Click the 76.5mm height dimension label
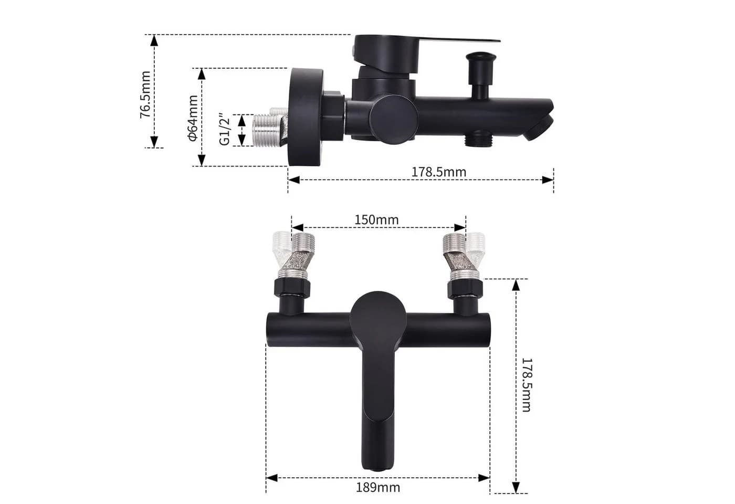click(145, 94)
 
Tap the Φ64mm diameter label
click(193, 118)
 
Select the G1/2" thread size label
click(225, 130)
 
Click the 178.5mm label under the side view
click(439, 172)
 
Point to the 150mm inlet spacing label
click(377, 220)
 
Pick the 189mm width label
click(378, 488)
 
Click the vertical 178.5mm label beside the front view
click(526, 384)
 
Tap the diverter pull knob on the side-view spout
click(481, 75)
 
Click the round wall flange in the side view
click(305, 117)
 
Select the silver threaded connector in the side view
click(270, 127)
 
